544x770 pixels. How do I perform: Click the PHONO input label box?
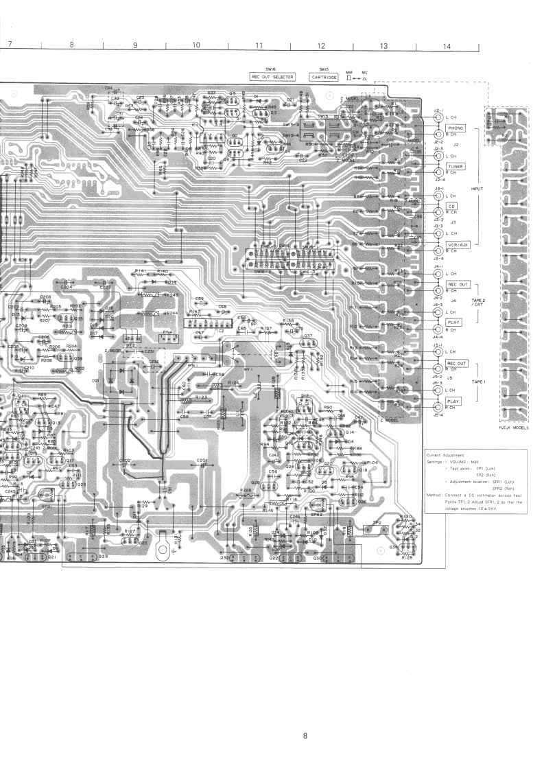coord(456,128)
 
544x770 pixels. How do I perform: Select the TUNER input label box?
coord(456,167)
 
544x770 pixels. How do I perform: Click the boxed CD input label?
coord(452,206)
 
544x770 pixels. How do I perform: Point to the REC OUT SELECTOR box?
coord(273,77)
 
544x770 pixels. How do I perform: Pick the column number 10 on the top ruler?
coord(196,45)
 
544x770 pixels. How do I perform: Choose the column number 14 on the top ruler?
coord(447,45)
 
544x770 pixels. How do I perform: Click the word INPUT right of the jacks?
coord(479,187)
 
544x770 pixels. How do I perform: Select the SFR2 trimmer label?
coord(317,514)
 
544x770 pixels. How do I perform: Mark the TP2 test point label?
coord(377,523)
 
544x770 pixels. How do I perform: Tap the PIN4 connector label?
coord(167,331)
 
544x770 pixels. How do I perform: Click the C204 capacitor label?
coord(67,288)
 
